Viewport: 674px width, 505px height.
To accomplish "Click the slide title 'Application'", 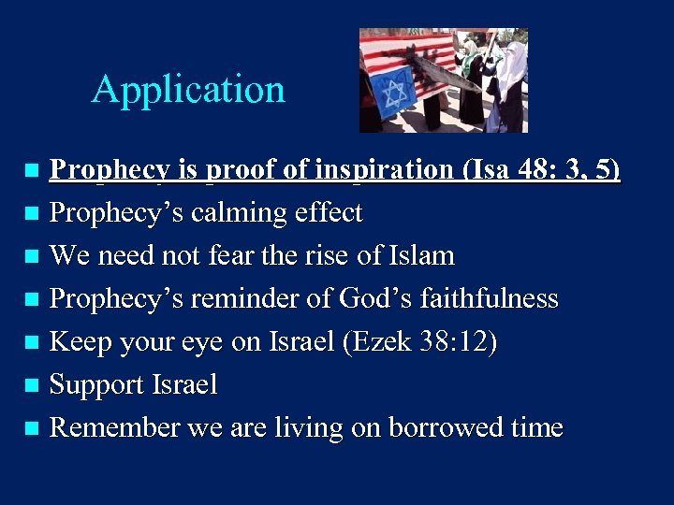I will click(188, 90).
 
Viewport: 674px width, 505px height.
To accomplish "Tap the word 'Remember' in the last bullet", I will click(114, 427).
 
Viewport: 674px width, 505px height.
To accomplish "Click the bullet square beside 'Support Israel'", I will click(31, 385).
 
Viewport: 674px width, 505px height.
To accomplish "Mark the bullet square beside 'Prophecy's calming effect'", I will click(31, 214).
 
